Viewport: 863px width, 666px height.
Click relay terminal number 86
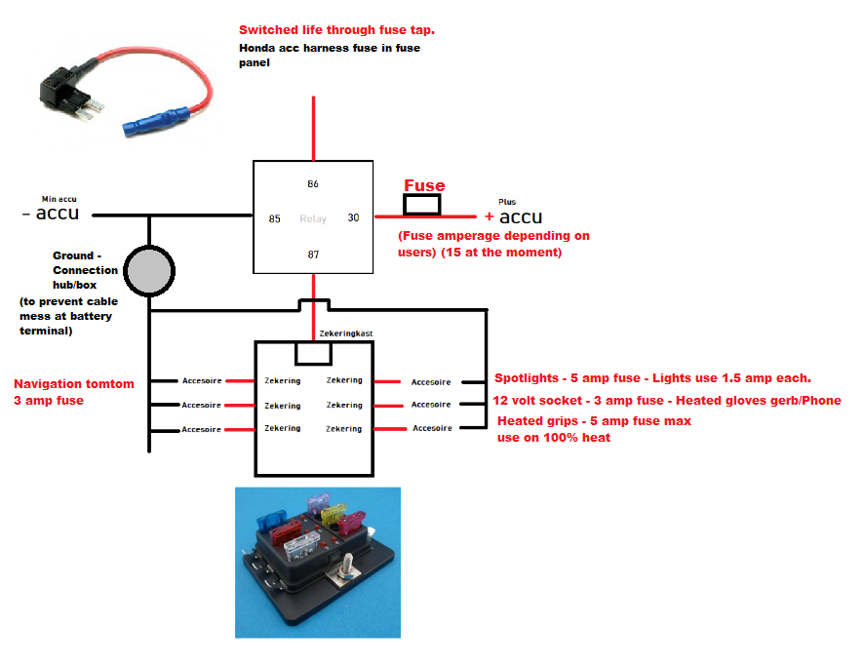[x=313, y=184]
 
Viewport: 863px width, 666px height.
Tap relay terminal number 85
[x=275, y=218]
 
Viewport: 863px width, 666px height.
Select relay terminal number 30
[x=353, y=218]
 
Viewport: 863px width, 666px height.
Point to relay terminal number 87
[x=313, y=254]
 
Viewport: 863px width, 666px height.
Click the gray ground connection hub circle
[x=150, y=271]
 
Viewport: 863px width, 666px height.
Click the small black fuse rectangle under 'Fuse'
[x=422, y=204]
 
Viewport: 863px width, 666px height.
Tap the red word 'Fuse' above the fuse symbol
[x=424, y=185]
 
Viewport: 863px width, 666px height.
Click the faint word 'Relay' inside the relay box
[x=313, y=218]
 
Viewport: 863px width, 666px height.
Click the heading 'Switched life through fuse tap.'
[x=336, y=30]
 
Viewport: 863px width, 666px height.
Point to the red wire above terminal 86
[x=313, y=127]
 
